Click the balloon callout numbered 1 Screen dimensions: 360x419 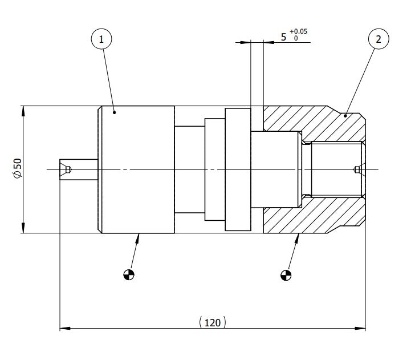pyautogui.click(x=101, y=39)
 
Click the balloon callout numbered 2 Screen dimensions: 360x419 pyautogui.click(x=379, y=39)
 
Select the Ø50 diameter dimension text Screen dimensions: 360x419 pyautogui.click(x=17, y=169)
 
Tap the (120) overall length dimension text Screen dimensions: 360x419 pyautogui.click(x=212, y=322)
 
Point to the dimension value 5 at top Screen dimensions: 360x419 pyautogui.click(x=283, y=37)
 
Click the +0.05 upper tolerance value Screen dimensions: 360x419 pyautogui.click(x=298, y=31)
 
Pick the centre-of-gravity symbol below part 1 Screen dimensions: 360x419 pyautogui.click(x=130, y=275)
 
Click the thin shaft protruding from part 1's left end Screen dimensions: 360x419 pyautogui.click(x=79, y=169)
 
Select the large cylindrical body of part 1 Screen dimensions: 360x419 pyautogui.click(x=137, y=169)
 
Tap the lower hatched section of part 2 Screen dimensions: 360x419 pyautogui.click(x=319, y=220)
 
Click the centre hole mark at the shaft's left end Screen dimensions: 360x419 pyautogui.click(x=67, y=169)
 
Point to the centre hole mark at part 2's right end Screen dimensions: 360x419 pyautogui.click(x=357, y=169)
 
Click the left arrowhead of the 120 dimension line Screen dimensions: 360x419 pyautogui.click(x=64, y=329)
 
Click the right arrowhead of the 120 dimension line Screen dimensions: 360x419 pyautogui.click(x=361, y=329)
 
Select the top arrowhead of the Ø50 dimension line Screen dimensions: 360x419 pyautogui.click(x=23, y=110)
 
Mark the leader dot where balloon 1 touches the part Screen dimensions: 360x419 pyautogui.click(x=115, y=113)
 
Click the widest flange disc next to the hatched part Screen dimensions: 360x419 pyautogui.click(x=238, y=169)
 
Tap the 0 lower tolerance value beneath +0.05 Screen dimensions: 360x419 pyautogui.click(x=295, y=38)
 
